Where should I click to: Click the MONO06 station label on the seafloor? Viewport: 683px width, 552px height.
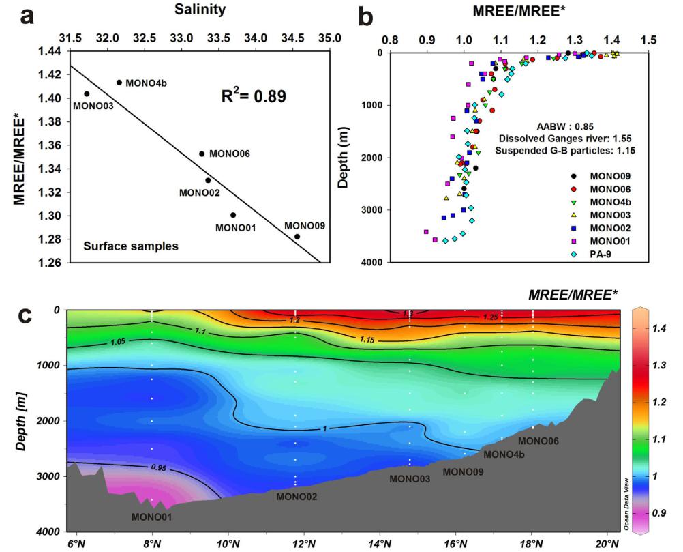(538, 441)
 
